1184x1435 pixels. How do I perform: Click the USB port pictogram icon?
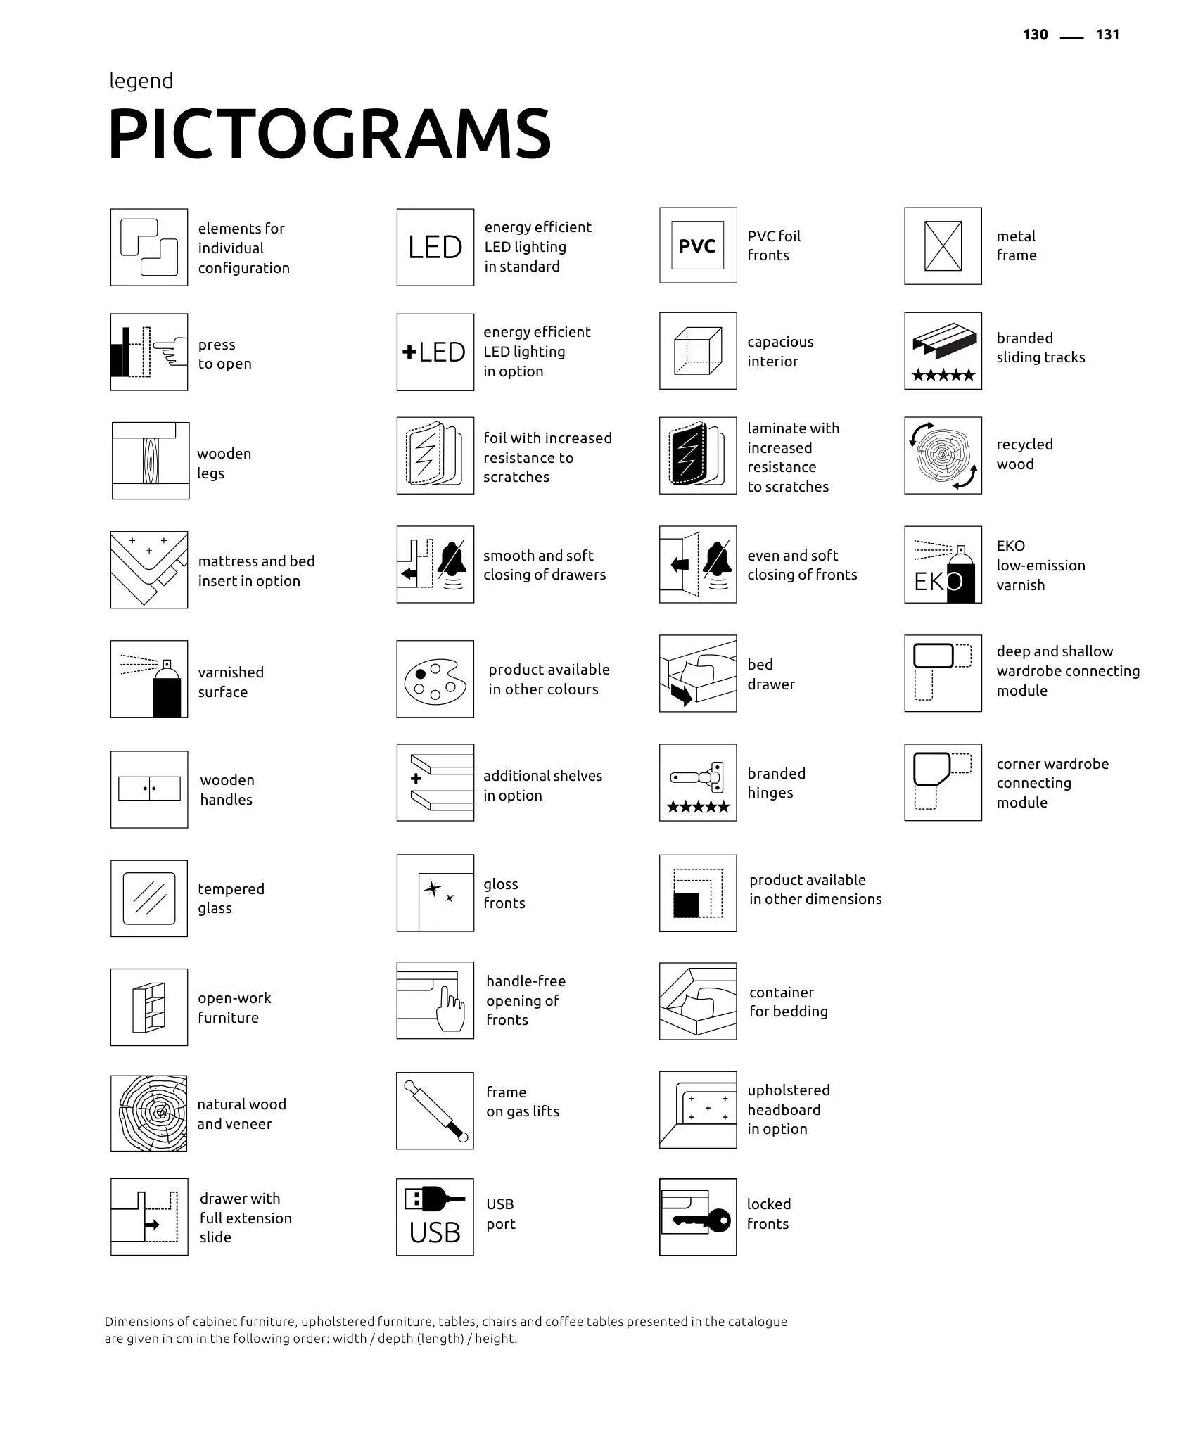pyautogui.click(x=435, y=1217)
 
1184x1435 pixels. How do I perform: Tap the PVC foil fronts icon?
pyautogui.click(x=698, y=245)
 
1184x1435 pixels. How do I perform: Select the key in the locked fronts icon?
pyautogui.click(x=704, y=1220)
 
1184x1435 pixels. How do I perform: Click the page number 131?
pyautogui.click(x=1107, y=35)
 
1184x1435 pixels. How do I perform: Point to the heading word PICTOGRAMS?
pyautogui.click(x=329, y=134)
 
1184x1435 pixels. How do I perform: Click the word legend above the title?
pyautogui.click(x=141, y=81)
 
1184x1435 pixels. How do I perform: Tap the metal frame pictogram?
pyautogui.click(x=943, y=246)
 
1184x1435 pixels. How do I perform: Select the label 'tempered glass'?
pyautogui.click(x=231, y=898)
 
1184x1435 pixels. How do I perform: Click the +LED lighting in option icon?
pyautogui.click(x=435, y=352)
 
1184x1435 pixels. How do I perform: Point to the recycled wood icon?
pyautogui.click(x=943, y=456)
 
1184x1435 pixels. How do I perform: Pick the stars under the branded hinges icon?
pyautogui.click(x=698, y=807)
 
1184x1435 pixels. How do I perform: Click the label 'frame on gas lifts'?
pyautogui.click(x=523, y=1102)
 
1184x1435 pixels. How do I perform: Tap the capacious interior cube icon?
pyautogui.click(x=698, y=351)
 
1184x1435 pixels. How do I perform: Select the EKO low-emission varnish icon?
pyautogui.click(x=943, y=565)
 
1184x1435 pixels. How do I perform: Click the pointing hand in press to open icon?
pyautogui.click(x=169, y=350)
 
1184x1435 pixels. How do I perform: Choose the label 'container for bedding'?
pyautogui.click(x=788, y=1002)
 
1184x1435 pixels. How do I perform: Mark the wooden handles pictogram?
pyautogui.click(x=149, y=789)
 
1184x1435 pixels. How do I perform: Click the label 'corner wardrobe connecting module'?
pyautogui.click(x=1052, y=783)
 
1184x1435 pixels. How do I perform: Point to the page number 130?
pyautogui.click(x=1036, y=35)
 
